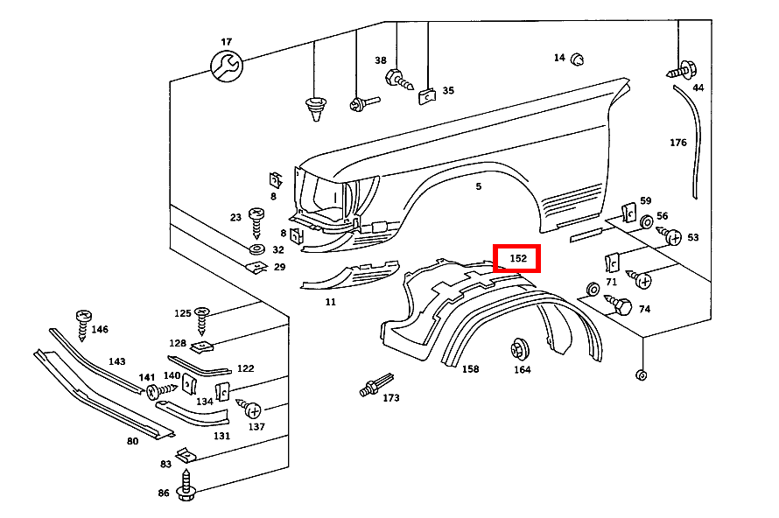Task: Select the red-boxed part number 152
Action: click(517, 258)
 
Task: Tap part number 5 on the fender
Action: click(479, 186)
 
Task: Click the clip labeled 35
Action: click(426, 94)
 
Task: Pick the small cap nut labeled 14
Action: click(578, 59)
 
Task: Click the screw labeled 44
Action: click(682, 67)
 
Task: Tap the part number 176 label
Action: click(678, 143)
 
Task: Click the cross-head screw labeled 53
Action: click(673, 236)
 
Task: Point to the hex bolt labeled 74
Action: click(623, 306)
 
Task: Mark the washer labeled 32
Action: click(257, 250)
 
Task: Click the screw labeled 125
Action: click(202, 318)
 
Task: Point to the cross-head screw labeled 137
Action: click(251, 409)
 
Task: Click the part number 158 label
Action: click(471, 369)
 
